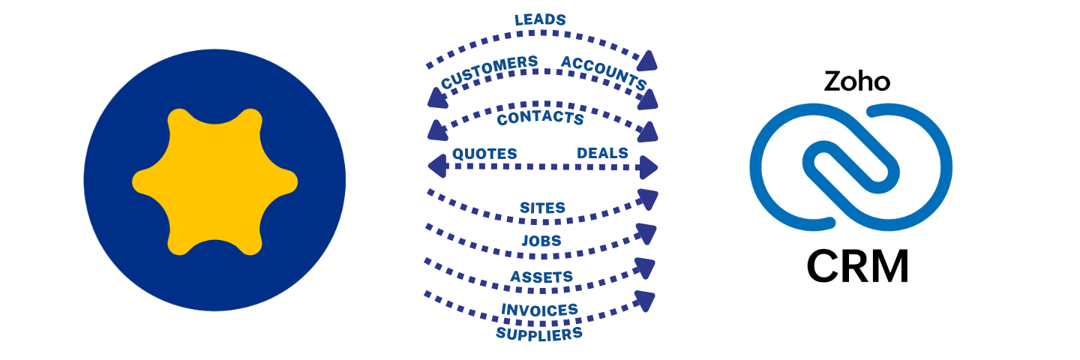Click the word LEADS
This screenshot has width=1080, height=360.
(539, 19)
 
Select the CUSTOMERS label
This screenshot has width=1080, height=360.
(489, 72)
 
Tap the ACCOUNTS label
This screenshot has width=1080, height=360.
(604, 71)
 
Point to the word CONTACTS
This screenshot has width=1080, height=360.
(540, 118)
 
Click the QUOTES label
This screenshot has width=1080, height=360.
(484, 154)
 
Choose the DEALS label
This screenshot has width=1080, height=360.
(602, 154)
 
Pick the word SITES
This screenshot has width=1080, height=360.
(542, 207)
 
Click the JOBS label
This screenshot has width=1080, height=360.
(541, 241)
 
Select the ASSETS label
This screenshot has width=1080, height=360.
(541, 277)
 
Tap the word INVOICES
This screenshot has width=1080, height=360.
(539, 310)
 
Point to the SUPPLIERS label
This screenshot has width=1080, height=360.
(539, 333)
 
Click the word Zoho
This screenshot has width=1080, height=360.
(856, 81)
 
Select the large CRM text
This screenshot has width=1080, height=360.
(857, 265)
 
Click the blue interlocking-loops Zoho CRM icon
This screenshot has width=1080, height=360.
(851, 166)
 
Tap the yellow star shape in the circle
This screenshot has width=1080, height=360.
(214, 181)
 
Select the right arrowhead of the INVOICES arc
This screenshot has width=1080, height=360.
(645, 301)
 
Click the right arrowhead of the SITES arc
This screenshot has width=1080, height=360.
(647, 198)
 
